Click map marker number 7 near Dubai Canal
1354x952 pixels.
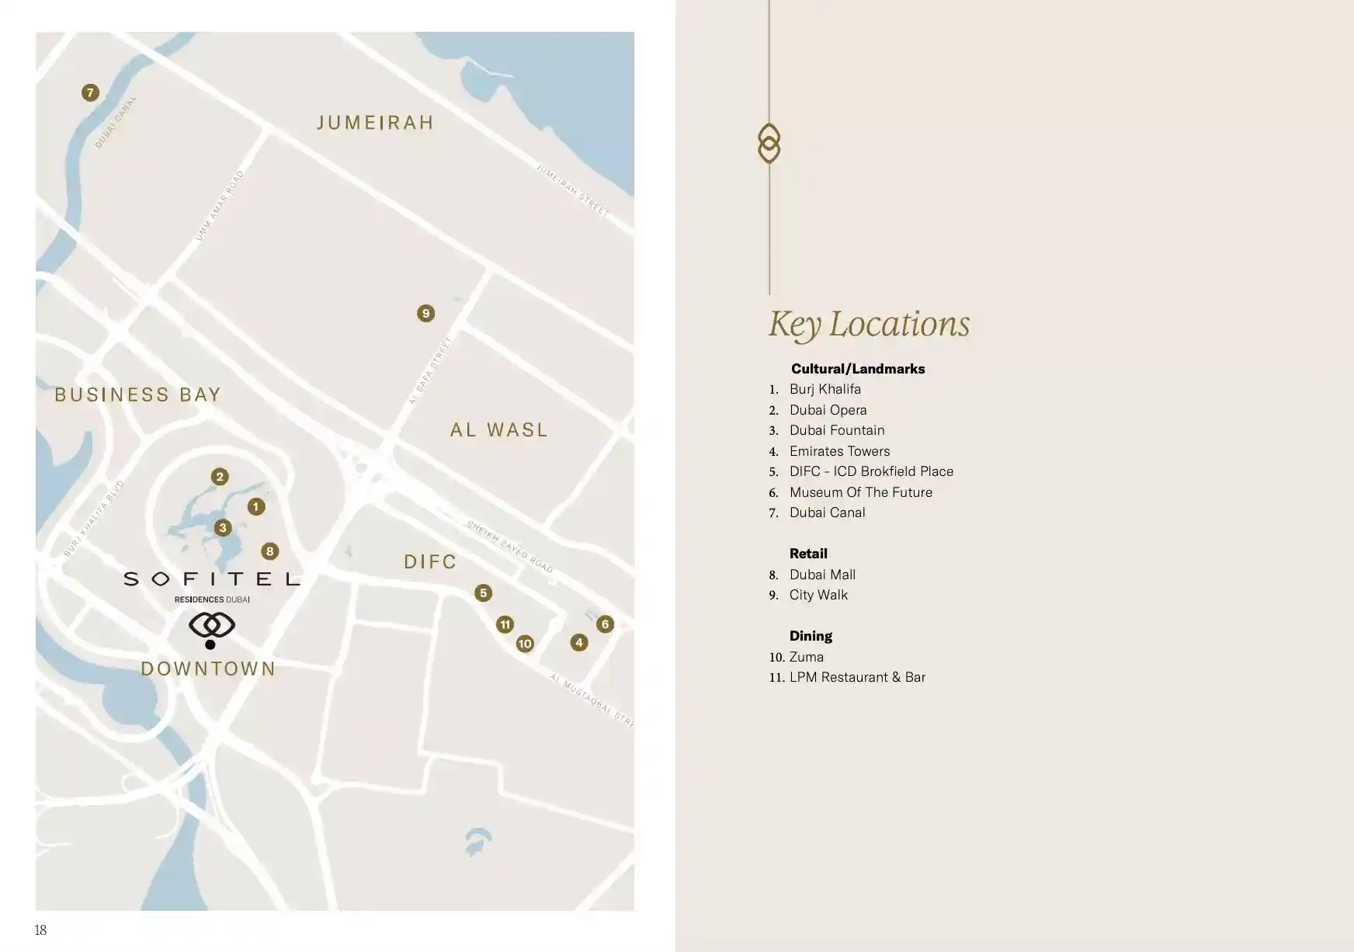(90, 93)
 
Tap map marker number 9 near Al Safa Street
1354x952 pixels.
(425, 314)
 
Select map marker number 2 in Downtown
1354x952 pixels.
(220, 477)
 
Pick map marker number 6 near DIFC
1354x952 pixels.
(605, 624)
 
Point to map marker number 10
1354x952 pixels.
(525, 644)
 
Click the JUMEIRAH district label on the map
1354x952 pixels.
(375, 123)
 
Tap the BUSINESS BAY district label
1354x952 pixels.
(138, 395)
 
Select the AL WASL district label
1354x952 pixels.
(499, 430)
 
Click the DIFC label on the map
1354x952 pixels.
(430, 562)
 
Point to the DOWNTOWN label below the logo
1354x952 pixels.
(208, 669)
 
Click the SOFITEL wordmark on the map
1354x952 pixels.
(212, 579)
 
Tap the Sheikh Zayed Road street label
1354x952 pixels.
(509, 547)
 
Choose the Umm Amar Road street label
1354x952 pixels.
(220, 207)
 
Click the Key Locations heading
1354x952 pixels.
(869, 325)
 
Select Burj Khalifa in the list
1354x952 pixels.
(825, 389)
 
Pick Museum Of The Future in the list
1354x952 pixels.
(860, 492)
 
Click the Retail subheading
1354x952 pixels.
(808, 554)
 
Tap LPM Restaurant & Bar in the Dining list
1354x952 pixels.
(857, 677)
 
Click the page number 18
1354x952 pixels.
(41, 930)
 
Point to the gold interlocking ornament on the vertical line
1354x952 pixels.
(769, 144)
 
